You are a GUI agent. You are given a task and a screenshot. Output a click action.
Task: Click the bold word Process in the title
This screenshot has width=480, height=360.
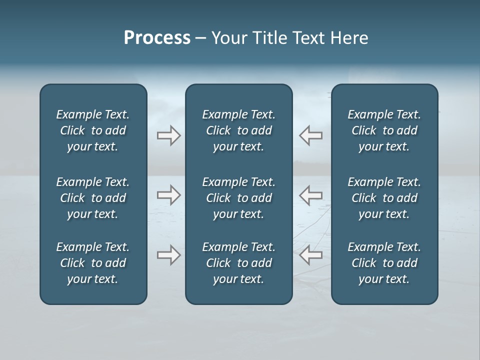pyautogui.click(x=157, y=38)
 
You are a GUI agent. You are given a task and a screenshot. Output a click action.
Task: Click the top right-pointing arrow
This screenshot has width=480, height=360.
pyautogui.click(x=168, y=135)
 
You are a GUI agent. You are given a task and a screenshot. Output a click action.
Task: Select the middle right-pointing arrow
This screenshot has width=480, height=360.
pyautogui.click(x=168, y=195)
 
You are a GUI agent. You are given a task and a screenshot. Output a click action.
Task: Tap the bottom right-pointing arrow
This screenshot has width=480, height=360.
pyautogui.click(x=168, y=255)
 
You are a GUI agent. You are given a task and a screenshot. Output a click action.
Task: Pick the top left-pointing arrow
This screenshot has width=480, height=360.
pyautogui.click(x=311, y=135)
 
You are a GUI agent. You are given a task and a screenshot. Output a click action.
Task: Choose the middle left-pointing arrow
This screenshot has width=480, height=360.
pyautogui.click(x=311, y=195)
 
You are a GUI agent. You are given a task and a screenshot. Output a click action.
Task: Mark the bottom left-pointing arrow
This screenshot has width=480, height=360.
pyautogui.click(x=311, y=255)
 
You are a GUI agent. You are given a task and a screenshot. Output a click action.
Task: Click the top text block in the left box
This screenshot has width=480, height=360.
pyautogui.click(x=93, y=130)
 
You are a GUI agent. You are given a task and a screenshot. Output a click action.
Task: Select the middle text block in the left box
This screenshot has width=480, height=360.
pyautogui.click(x=93, y=198)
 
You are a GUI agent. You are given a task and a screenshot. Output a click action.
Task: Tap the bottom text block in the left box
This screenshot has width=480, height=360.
pyautogui.click(x=93, y=263)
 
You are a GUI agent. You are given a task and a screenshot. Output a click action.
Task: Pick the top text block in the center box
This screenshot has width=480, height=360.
pyautogui.click(x=238, y=130)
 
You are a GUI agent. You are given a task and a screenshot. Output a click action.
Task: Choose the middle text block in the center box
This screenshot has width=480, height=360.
pyautogui.click(x=238, y=198)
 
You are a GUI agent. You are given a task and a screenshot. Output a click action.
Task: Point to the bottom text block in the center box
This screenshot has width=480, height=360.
pyautogui.click(x=238, y=263)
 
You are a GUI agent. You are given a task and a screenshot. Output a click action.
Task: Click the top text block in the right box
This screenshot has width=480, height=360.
pyautogui.click(x=384, y=130)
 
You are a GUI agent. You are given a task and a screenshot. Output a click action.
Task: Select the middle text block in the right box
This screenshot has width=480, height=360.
pyautogui.click(x=384, y=198)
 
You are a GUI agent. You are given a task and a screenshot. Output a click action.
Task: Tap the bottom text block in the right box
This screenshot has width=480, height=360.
pyautogui.click(x=384, y=263)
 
